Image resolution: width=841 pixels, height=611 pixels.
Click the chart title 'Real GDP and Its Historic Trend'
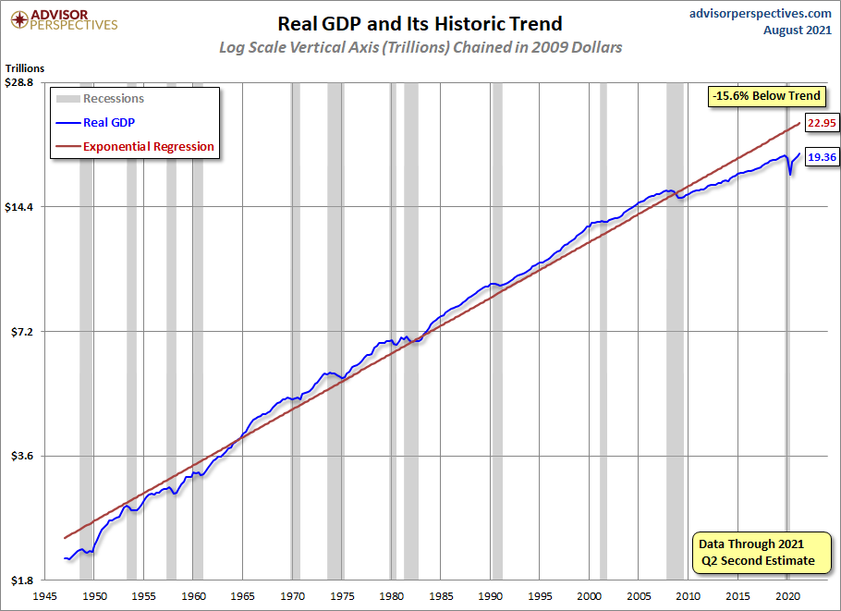[420, 23]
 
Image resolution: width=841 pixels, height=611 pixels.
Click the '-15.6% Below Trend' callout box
[765, 96]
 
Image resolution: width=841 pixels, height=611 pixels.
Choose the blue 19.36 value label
[821, 157]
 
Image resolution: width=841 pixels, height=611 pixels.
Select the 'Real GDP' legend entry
[109, 121]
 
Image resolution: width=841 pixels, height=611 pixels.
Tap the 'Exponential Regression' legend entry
[148, 146]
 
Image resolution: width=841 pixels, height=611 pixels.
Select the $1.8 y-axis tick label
[21, 580]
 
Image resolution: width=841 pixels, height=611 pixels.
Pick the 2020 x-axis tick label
[786, 596]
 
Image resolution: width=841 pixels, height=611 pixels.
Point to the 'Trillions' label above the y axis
[24, 67]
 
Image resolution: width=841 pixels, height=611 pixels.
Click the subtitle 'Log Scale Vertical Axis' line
[420, 47]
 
